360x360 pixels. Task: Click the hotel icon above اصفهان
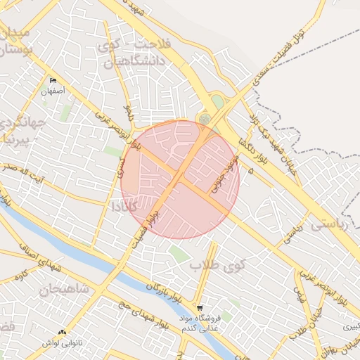point(53,80)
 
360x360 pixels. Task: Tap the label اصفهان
point(53,91)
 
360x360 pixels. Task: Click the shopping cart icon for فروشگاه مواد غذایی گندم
point(200,308)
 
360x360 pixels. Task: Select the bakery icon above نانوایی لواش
point(63,333)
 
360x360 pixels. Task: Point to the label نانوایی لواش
point(63,343)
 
